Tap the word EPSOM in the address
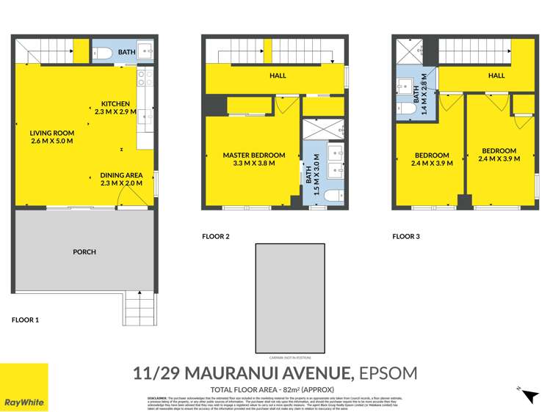pos(388,372)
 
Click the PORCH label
pos(84,251)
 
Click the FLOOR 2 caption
pos(216,236)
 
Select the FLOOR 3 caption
pos(406,236)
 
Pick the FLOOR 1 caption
pos(25,320)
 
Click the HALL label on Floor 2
pos(278,76)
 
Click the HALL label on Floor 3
pos(496,76)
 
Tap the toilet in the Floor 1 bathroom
pos(103,52)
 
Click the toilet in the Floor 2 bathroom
pos(333,196)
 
